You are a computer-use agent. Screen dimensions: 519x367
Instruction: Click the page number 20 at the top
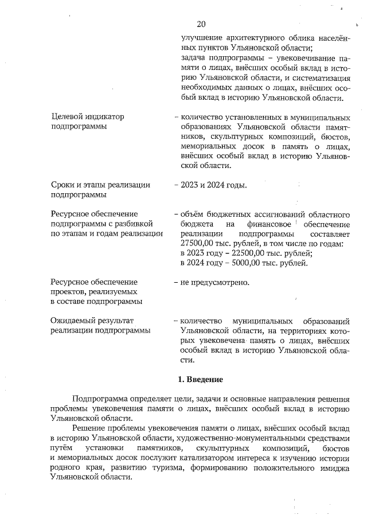[201, 24]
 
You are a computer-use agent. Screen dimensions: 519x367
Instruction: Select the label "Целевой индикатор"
[87, 116]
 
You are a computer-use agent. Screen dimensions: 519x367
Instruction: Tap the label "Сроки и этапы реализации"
[100, 185]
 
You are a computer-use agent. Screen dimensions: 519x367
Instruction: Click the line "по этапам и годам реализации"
[106, 234]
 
